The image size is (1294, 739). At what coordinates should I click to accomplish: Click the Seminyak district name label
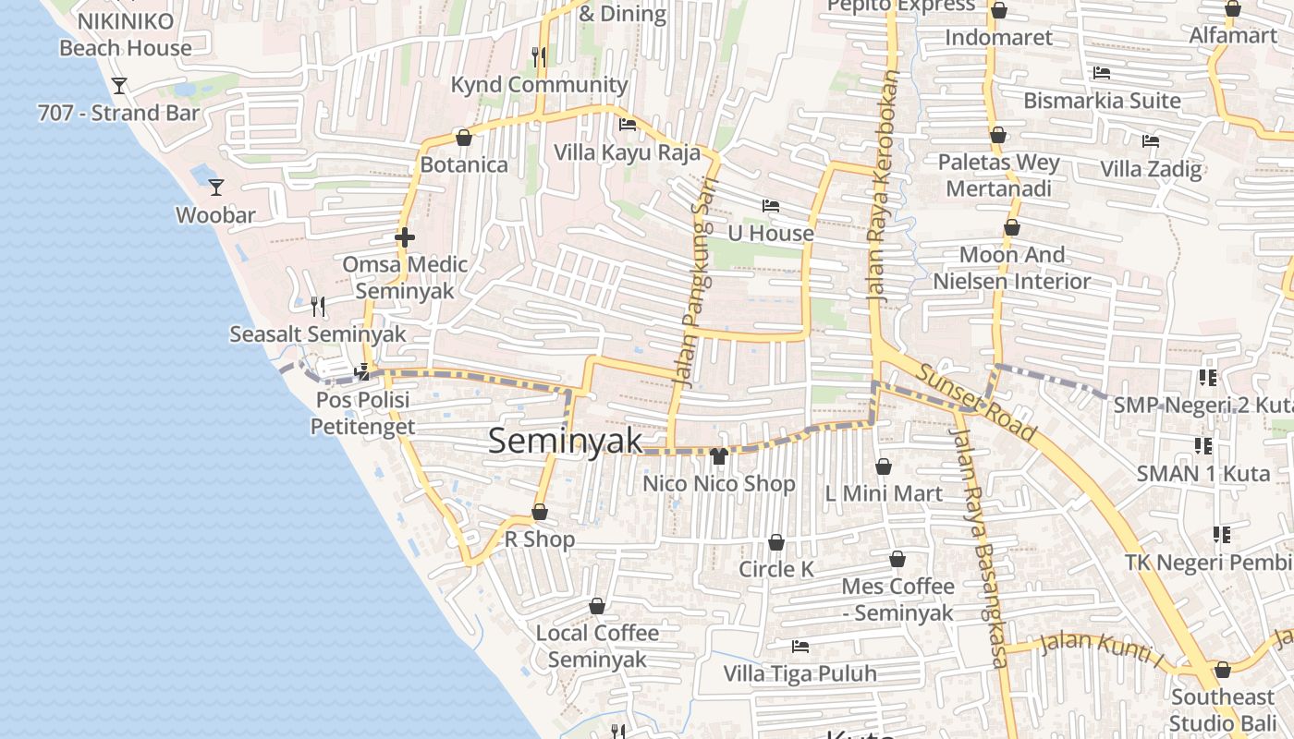tap(565, 441)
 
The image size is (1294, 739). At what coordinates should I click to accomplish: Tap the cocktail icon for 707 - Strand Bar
tap(119, 86)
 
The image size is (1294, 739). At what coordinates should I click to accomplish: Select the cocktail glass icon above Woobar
tap(216, 188)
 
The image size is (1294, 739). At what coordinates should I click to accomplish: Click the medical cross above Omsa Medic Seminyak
tap(404, 238)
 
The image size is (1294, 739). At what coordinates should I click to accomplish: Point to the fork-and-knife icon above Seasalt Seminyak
tap(318, 306)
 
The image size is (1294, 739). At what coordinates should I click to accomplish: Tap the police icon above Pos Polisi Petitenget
tap(363, 372)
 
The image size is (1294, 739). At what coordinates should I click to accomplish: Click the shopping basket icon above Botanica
tap(464, 138)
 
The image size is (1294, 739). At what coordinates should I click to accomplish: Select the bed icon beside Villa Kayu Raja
tap(628, 125)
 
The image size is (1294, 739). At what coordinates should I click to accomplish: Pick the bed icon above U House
tap(770, 205)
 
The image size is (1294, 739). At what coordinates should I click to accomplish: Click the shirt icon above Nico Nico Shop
tap(719, 454)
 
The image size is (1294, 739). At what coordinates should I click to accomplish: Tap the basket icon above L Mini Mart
tap(884, 466)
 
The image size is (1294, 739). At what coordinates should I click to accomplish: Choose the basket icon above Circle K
tap(776, 542)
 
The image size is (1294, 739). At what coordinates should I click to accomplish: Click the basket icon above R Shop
tap(540, 512)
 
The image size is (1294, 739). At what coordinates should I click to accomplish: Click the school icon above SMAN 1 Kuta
tap(1202, 446)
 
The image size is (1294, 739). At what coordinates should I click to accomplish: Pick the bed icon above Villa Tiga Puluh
tap(800, 646)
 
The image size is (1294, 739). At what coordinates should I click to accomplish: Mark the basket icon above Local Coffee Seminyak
tap(597, 606)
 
